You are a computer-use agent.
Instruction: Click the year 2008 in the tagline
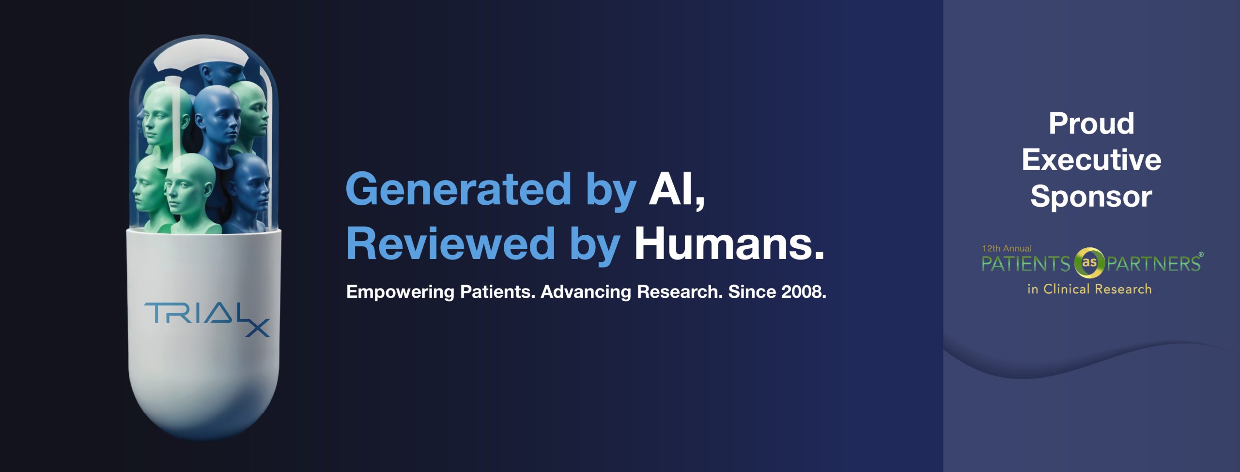pyautogui.click(x=801, y=291)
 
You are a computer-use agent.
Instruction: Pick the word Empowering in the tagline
pyautogui.click(x=400, y=292)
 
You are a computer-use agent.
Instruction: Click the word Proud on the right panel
pyautogui.click(x=1091, y=123)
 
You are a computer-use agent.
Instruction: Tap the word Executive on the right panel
pyautogui.click(x=1091, y=160)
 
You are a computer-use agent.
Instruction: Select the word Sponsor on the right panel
pyautogui.click(x=1091, y=197)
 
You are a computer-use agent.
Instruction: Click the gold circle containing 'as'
pyautogui.click(x=1089, y=263)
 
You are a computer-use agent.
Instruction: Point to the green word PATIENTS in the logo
pyautogui.click(x=1026, y=264)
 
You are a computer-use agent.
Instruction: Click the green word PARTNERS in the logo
pyautogui.click(x=1153, y=264)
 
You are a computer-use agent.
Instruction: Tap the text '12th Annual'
pyautogui.click(x=1007, y=248)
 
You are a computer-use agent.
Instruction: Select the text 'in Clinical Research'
pyautogui.click(x=1089, y=289)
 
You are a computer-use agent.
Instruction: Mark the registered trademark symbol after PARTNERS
pyautogui.click(x=1201, y=254)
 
